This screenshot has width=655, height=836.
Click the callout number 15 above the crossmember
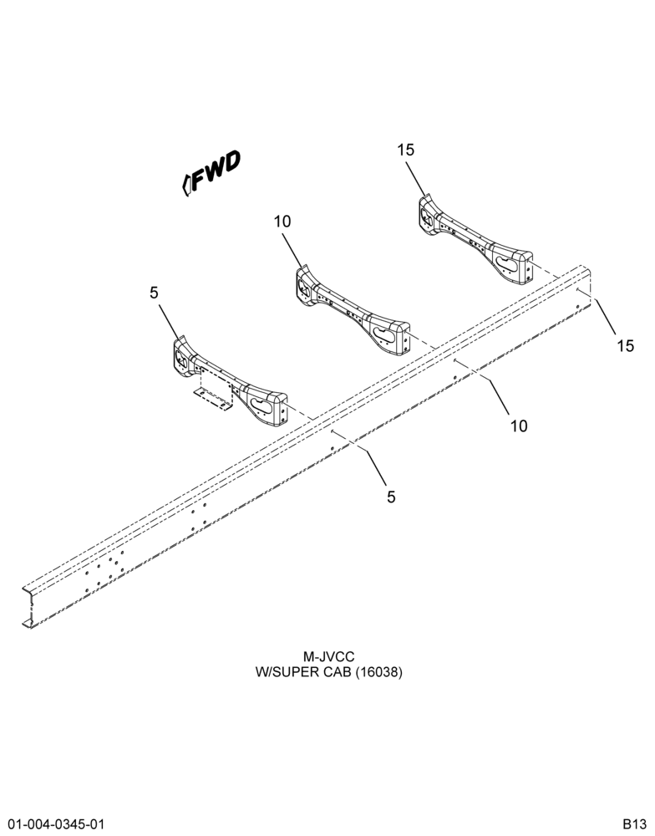point(405,150)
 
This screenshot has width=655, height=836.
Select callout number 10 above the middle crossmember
point(283,222)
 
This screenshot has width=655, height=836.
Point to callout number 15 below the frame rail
point(626,345)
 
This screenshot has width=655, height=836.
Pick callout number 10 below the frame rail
point(519,426)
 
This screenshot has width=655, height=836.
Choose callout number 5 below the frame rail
point(391,497)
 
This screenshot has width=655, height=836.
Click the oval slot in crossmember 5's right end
point(265,405)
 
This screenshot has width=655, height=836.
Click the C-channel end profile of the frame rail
point(28,607)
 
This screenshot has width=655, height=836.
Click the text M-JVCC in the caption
point(328,656)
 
